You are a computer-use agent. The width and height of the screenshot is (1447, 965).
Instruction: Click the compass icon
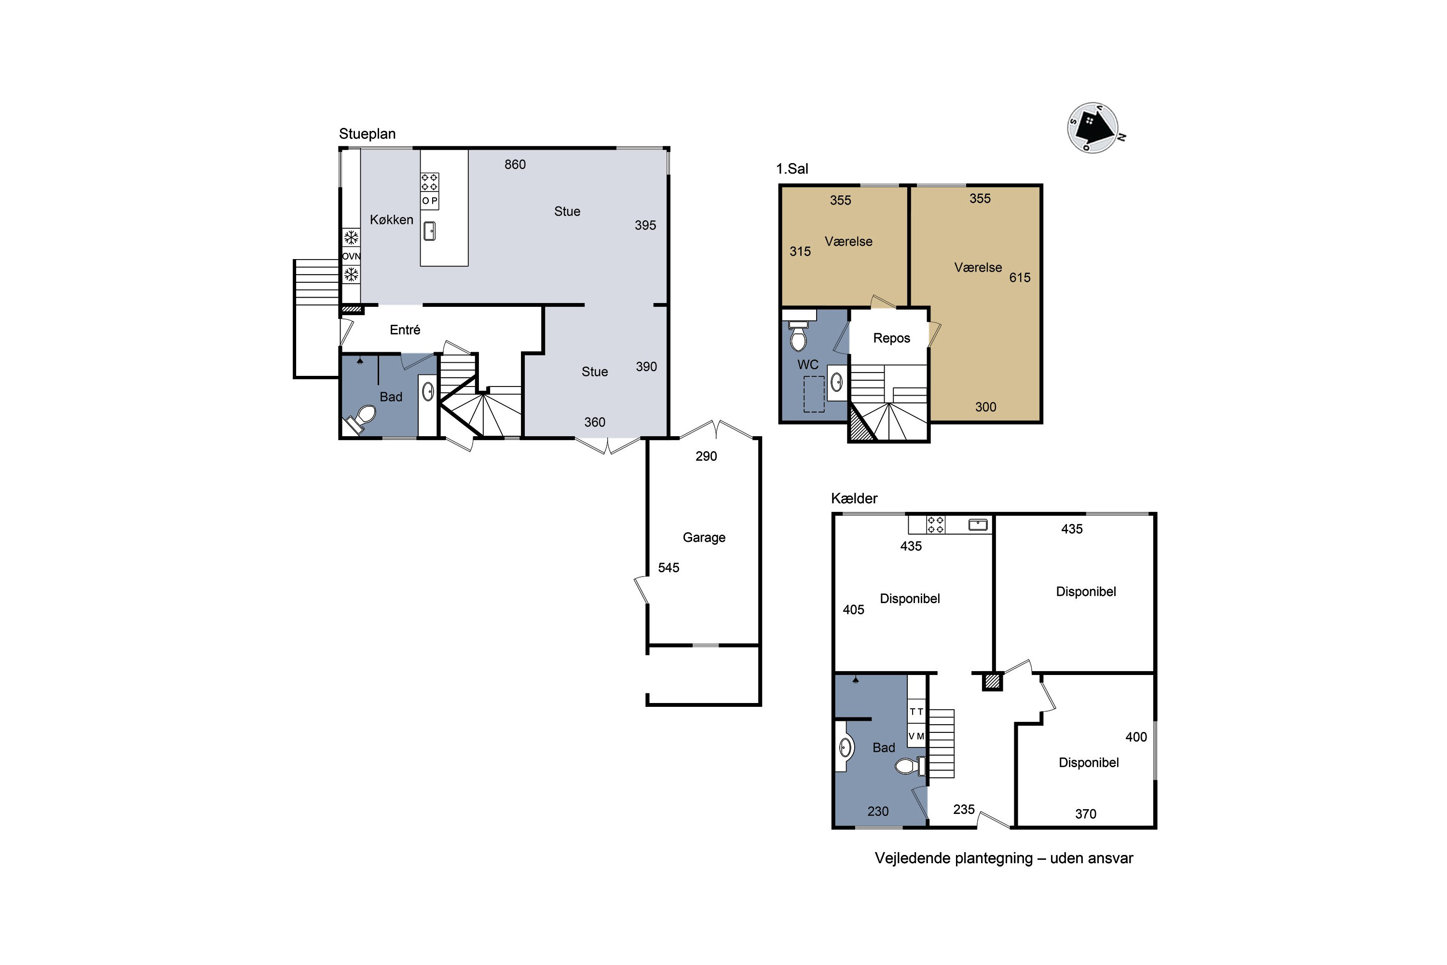pyautogui.click(x=1093, y=128)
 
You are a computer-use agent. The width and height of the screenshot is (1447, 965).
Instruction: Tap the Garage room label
pyautogui.click(x=704, y=538)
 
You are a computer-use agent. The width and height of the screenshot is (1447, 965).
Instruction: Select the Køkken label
pyautogui.click(x=391, y=220)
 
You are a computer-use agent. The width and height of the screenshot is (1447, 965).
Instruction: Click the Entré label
pyautogui.click(x=405, y=330)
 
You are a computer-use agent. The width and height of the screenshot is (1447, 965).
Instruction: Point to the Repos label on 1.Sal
pyautogui.click(x=891, y=338)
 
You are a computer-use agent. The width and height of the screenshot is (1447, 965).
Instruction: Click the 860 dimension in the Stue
pyautogui.click(x=515, y=165)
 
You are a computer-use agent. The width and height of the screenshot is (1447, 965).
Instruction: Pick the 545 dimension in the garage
pyautogui.click(x=669, y=567)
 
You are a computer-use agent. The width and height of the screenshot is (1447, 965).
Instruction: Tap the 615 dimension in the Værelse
pyautogui.click(x=1020, y=277)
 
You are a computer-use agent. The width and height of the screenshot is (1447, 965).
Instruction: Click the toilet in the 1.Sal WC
pyautogui.click(x=798, y=335)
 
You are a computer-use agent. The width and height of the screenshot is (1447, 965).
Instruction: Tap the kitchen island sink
pyautogui.click(x=429, y=232)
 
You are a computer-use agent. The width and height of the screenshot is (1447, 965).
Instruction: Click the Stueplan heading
pyautogui.click(x=367, y=134)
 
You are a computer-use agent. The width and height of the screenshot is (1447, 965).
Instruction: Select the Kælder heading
pyautogui.click(x=854, y=498)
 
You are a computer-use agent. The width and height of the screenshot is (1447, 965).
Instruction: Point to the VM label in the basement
pyautogui.click(x=916, y=736)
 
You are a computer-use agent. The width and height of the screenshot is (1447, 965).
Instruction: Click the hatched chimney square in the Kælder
pyautogui.click(x=991, y=681)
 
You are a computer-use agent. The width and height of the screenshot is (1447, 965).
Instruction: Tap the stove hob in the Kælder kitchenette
pyautogui.click(x=935, y=524)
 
